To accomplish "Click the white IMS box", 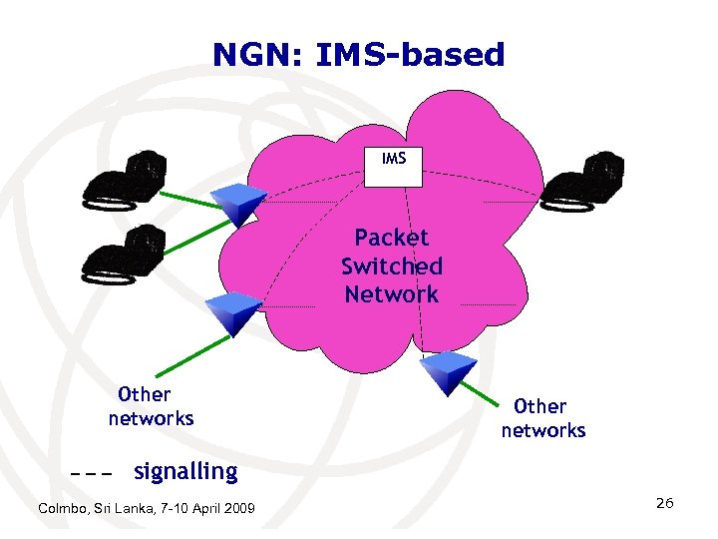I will coord(394,166).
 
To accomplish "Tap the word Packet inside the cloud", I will coord(392,238).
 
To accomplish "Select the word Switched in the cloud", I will coord(392,267).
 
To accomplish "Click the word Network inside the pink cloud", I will coord(392,294).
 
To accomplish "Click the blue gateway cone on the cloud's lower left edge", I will coord(231,313).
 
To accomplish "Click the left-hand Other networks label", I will coord(150,406).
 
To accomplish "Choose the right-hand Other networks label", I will coord(542,418).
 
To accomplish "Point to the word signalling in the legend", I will coord(185,471).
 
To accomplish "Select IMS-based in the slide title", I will coord(410,55).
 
